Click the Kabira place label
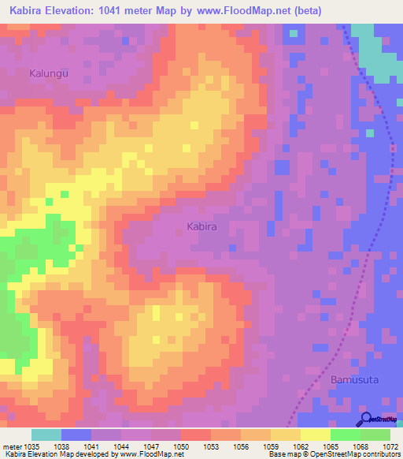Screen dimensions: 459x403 coord(201,226)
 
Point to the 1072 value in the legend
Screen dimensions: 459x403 coord(390,446)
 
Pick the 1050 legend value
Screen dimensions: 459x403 coord(181,446)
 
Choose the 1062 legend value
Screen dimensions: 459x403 coord(301,446)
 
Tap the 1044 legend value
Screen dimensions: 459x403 coord(121,446)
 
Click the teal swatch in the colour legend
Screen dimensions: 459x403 coord(46,435)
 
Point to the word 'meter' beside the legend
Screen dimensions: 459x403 coord(11,446)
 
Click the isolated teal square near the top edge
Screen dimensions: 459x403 coord(294,34)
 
